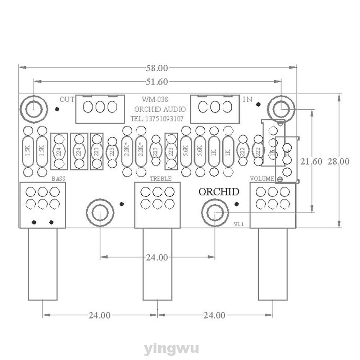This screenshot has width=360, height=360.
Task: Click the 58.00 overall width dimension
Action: (x=158, y=68)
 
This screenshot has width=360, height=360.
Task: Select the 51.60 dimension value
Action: (x=158, y=82)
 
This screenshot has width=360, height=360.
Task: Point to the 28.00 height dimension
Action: (x=338, y=161)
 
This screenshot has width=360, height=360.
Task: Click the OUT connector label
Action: (x=67, y=99)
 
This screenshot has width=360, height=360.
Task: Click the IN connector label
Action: (x=247, y=99)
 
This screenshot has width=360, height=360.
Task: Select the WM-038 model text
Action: (x=155, y=99)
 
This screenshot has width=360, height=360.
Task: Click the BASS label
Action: (x=59, y=178)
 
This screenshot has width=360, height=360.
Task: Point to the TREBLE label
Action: (x=160, y=178)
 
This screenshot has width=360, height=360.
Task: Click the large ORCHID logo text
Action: (x=219, y=192)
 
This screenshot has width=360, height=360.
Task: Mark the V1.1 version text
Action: (x=239, y=224)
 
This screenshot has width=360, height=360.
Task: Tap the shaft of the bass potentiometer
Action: (x=43, y=264)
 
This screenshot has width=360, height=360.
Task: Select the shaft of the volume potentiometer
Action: (x=273, y=264)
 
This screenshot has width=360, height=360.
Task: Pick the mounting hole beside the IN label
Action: (x=281, y=108)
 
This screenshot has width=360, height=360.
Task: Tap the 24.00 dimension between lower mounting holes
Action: (x=157, y=258)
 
